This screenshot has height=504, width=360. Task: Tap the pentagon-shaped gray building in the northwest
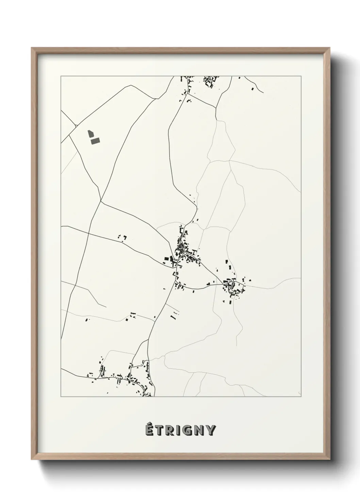[x=90, y=133]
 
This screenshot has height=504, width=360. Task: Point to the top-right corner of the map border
[x=301, y=76]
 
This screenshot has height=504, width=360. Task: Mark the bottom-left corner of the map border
[x=61, y=396]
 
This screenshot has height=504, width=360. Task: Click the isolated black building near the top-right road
[x=252, y=89]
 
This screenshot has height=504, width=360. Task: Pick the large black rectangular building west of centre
[x=167, y=259]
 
